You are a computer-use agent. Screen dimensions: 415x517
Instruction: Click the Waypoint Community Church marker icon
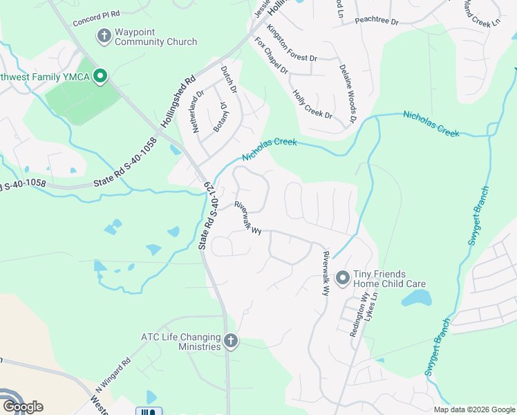[104, 35]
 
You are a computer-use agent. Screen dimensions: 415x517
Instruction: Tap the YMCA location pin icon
[100, 76]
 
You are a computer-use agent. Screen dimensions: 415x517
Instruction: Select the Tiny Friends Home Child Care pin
[341, 278]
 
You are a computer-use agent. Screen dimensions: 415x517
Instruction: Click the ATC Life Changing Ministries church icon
[231, 340]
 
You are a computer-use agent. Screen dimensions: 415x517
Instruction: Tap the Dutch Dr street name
[229, 80]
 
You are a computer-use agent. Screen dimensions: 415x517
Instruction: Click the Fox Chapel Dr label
[271, 56]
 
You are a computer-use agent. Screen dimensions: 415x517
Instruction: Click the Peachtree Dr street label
[377, 21]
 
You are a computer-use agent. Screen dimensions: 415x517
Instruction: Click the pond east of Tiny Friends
[416, 298]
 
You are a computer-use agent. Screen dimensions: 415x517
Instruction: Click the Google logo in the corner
[22, 406]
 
